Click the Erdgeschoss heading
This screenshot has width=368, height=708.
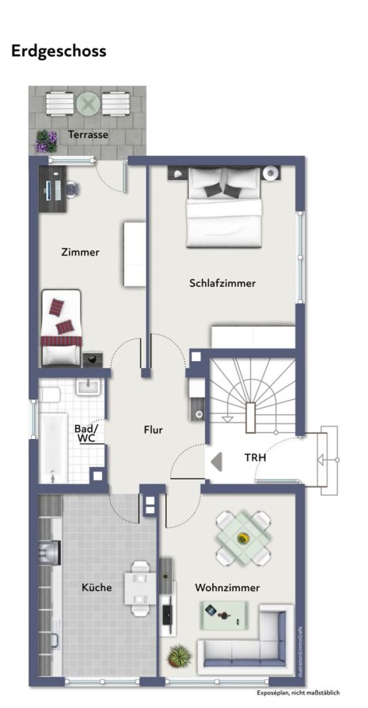coord(59,51)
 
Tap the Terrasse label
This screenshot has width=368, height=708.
coord(88,135)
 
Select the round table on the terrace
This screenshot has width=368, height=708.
coord(88,105)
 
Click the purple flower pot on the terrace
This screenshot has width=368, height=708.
coord(47,141)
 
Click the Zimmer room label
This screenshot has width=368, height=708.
coord(81,252)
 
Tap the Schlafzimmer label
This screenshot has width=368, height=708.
coord(222,283)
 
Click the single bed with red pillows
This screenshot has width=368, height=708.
coord(62,329)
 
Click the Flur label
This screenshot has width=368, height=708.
coord(154,430)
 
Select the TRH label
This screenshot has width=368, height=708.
coord(255,457)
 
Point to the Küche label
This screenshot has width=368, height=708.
coord(96,588)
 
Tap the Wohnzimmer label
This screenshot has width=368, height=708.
coord(227,588)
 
